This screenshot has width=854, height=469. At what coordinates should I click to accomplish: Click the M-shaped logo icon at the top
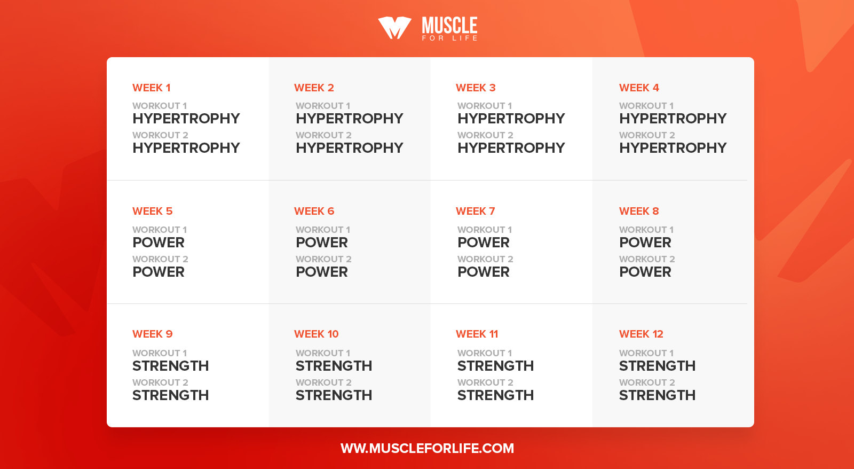(x=394, y=27)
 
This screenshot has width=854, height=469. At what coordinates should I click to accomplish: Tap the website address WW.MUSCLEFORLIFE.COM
(x=427, y=448)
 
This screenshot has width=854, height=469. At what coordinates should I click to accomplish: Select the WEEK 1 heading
(x=152, y=88)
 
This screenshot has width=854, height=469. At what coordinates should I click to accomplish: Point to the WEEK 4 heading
(x=639, y=88)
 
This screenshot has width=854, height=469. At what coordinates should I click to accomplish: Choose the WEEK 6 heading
(x=314, y=211)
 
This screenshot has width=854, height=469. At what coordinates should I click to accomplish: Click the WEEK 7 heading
(x=476, y=211)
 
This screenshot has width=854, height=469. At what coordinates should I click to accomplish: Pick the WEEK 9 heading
(x=153, y=334)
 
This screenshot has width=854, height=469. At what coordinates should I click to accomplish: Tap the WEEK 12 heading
(x=641, y=334)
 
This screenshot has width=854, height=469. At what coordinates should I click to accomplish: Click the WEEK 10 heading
(x=317, y=334)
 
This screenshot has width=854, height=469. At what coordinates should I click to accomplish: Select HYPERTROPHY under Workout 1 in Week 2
(x=349, y=119)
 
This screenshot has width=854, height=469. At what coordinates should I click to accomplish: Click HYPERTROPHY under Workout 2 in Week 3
(x=511, y=148)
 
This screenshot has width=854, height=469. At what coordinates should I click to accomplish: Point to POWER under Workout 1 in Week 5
(x=158, y=243)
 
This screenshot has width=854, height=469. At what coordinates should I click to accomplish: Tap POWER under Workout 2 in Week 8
(x=645, y=272)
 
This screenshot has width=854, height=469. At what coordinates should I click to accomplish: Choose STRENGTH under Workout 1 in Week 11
(x=496, y=366)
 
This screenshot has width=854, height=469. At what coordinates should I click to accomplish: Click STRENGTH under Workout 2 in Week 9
(x=170, y=395)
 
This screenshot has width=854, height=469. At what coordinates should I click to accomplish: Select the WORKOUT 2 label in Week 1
(x=160, y=135)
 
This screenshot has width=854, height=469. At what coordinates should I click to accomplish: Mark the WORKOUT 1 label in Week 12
(x=646, y=353)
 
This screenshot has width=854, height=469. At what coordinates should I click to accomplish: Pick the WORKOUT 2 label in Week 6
(x=323, y=259)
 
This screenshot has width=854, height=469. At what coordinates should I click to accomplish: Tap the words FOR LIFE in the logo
(x=450, y=38)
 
